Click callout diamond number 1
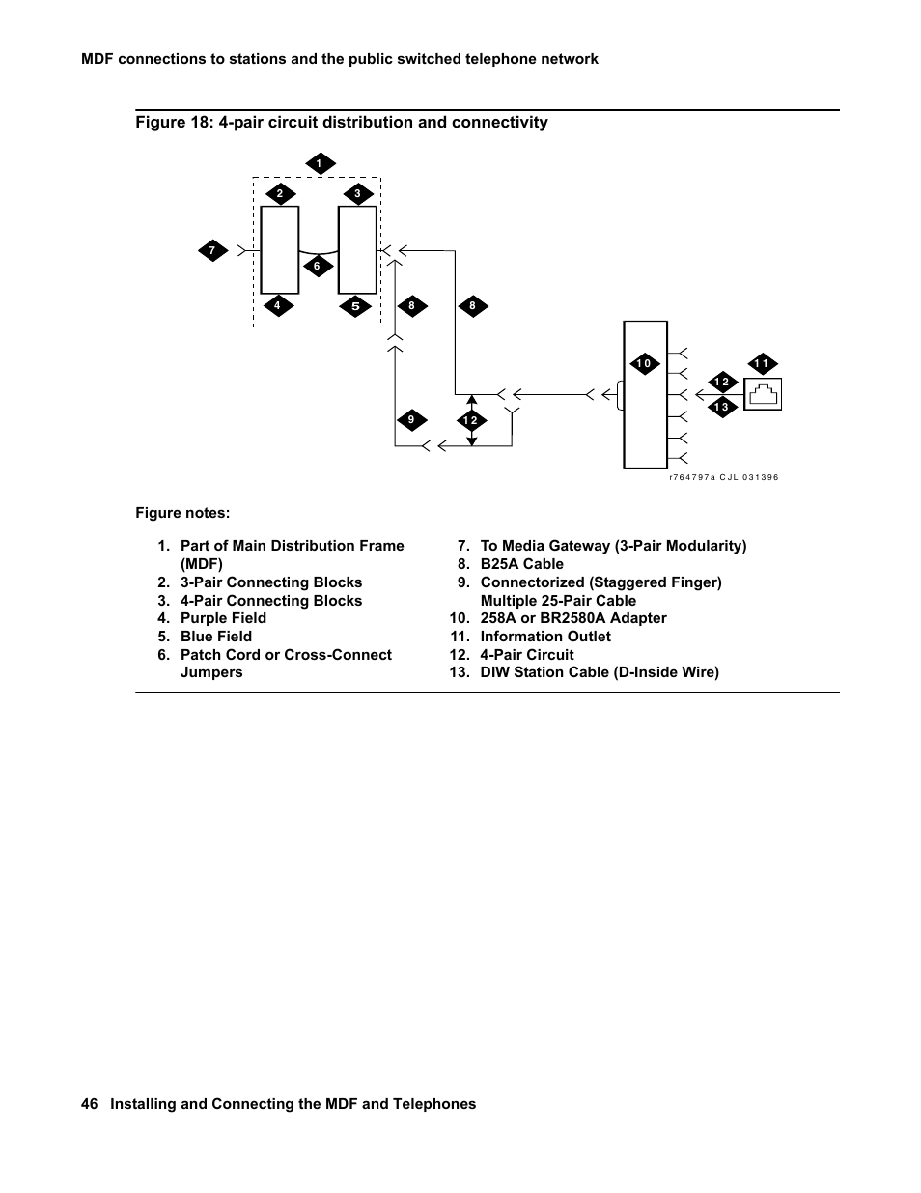click(x=320, y=164)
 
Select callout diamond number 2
click(x=280, y=194)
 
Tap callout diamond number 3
click(x=357, y=194)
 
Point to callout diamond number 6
click(x=317, y=266)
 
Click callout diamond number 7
click(x=212, y=251)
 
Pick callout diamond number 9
click(x=411, y=419)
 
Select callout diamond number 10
click(x=644, y=364)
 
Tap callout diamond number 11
click(x=762, y=364)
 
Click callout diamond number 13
click(x=721, y=407)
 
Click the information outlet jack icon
click(x=763, y=394)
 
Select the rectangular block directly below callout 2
click(x=280, y=249)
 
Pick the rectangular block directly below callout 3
click(x=357, y=249)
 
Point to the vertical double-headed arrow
click(x=471, y=419)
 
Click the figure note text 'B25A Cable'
click(x=521, y=564)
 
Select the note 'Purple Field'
click(x=223, y=618)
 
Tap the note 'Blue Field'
click(x=216, y=637)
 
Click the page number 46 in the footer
click(x=90, y=1104)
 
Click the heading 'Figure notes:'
click(x=182, y=513)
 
